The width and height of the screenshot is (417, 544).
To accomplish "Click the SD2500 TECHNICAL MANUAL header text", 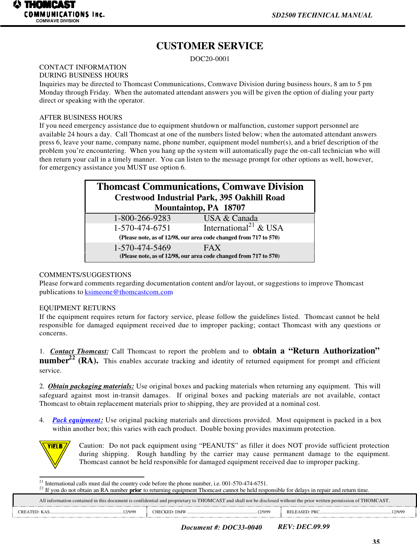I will tap(322, 15).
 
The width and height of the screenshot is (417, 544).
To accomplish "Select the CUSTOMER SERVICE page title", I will tap(209, 46).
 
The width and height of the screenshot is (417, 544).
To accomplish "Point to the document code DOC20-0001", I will tap(209, 59).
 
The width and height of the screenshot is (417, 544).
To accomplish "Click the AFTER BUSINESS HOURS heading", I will tap(81, 118).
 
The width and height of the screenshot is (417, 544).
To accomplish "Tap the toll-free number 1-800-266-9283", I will tap(142, 218).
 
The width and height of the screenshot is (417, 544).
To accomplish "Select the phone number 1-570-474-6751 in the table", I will tap(142, 228).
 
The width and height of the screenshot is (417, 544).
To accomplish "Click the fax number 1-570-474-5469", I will tap(142, 248).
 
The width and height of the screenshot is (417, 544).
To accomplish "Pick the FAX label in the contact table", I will tap(212, 248).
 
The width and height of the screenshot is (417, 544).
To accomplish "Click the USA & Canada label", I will tap(231, 218).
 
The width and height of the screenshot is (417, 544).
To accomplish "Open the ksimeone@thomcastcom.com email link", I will tap(129, 292).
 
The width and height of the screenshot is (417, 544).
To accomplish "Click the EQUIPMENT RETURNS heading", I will tap(77, 308).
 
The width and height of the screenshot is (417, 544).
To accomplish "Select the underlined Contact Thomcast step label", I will tap(79, 351).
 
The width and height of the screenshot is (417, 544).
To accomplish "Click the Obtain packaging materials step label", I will tap(91, 386).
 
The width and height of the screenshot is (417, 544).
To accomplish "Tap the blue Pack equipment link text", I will tap(77, 420).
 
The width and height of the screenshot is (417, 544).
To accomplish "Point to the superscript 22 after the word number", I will tap(72, 358).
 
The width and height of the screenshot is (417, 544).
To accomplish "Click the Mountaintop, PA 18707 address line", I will tap(200, 208).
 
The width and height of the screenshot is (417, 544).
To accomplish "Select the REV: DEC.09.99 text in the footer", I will tap(303, 527).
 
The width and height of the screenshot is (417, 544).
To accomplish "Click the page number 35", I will tap(376, 541).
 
